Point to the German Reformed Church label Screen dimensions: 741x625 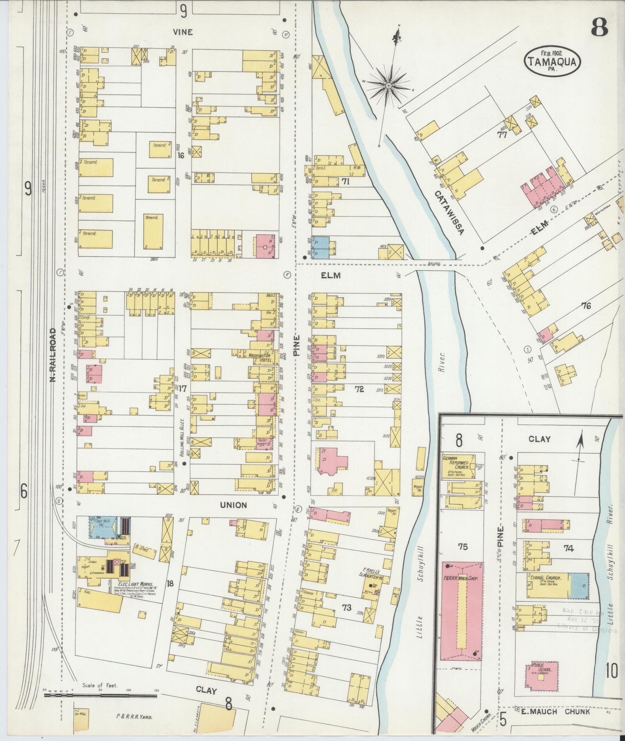click(x=458, y=462)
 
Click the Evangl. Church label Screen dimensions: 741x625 click(x=544, y=588)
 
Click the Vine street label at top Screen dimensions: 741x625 click(x=183, y=32)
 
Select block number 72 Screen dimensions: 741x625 click(x=359, y=389)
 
